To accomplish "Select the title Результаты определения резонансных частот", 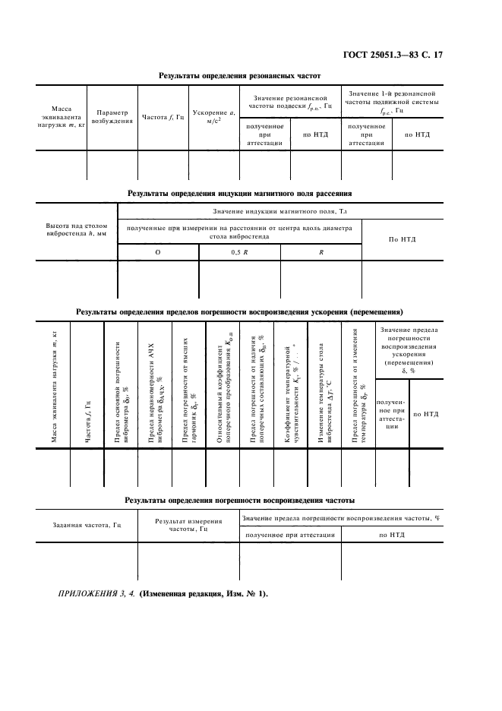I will coord(239,76).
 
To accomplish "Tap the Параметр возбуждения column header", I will coord(112,115).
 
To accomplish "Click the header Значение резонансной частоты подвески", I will coord(289,102).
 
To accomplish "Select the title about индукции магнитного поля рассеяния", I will coord(239,194).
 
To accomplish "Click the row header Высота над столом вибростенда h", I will coord(77,229).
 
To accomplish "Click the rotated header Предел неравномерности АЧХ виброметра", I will coord(155,387).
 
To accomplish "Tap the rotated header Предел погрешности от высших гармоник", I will coord(189,387).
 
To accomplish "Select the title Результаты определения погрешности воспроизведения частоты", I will coord(239,500).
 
